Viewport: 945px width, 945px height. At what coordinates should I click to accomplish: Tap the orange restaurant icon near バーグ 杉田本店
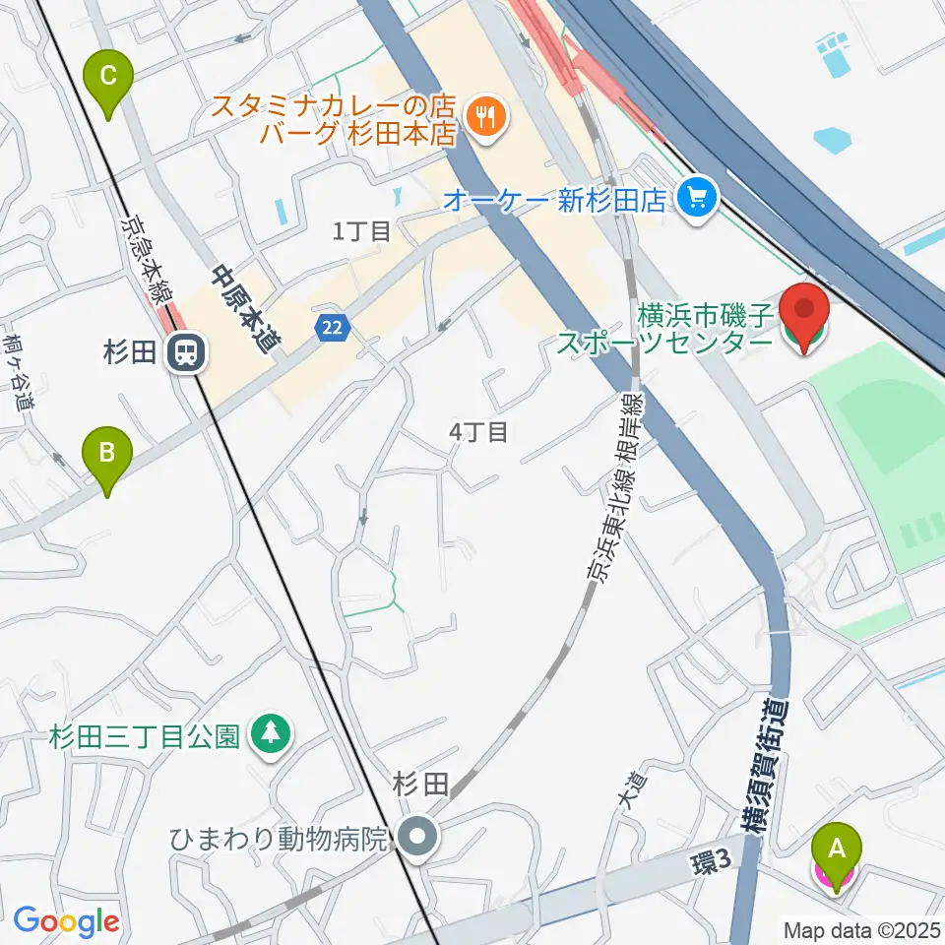pyautogui.click(x=483, y=117)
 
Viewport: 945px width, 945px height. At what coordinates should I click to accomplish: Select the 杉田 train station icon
pyautogui.click(x=184, y=351)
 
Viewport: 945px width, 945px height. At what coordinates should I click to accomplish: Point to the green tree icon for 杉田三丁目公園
pyautogui.click(x=269, y=734)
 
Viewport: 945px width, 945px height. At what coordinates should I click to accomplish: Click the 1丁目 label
pyautogui.click(x=361, y=231)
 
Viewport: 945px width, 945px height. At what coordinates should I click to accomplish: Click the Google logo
pyautogui.click(x=66, y=921)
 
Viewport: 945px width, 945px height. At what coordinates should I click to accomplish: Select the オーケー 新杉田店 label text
pyautogui.click(x=557, y=200)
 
